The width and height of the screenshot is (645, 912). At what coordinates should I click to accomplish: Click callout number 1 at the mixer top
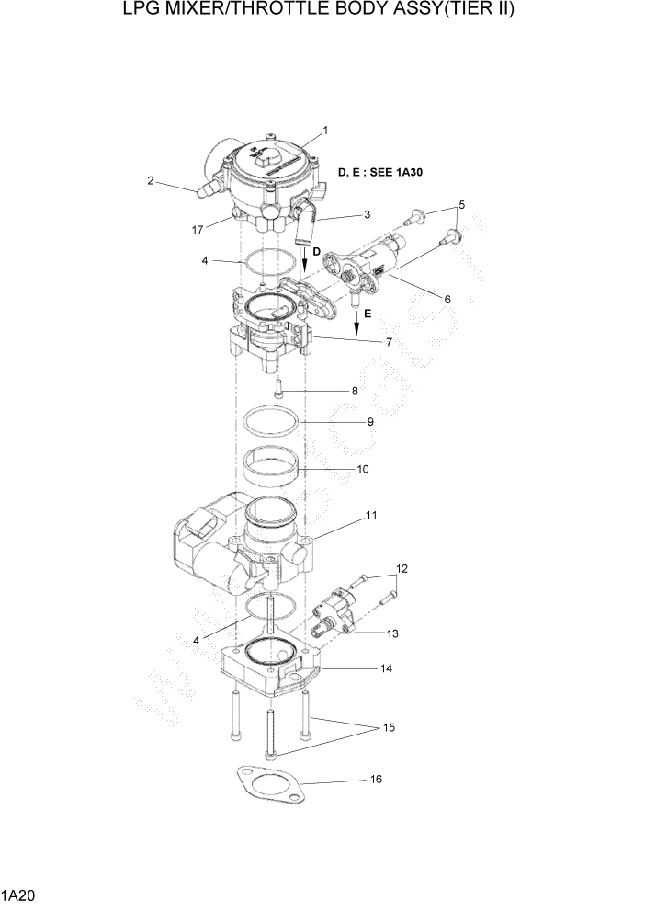(x=324, y=130)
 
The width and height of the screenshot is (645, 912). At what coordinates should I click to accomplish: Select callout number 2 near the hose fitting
(x=150, y=181)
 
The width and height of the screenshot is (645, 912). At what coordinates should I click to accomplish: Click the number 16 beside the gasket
(x=375, y=780)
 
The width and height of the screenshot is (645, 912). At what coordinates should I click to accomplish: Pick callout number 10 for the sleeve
(x=362, y=469)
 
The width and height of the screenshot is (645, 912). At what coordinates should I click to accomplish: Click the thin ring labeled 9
(x=272, y=424)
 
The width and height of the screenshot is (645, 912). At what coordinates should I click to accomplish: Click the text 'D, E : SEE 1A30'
(x=386, y=172)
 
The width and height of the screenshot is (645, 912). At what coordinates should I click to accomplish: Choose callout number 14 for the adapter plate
(x=387, y=668)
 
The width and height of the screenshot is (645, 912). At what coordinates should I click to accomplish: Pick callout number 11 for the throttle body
(x=370, y=516)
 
